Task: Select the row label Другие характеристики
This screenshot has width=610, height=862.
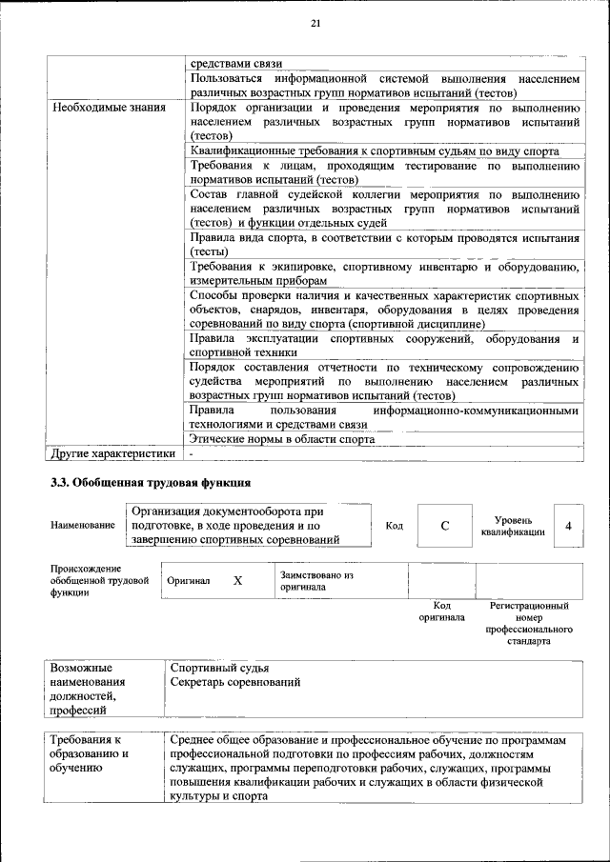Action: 113,453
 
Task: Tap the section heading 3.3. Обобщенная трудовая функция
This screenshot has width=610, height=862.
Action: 151,482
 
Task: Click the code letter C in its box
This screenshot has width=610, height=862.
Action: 444,526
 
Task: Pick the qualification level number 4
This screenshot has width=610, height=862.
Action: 568,526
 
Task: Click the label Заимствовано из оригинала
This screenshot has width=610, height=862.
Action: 316,581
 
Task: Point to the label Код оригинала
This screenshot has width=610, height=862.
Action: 441,611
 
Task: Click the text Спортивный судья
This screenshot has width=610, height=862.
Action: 219,668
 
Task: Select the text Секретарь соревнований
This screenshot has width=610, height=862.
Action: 235,682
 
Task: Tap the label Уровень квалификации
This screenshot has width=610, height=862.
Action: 513,526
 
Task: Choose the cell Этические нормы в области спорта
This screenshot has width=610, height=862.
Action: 281,439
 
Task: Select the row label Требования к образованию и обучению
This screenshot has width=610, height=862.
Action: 90,753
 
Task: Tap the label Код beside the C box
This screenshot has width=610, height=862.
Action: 394,526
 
